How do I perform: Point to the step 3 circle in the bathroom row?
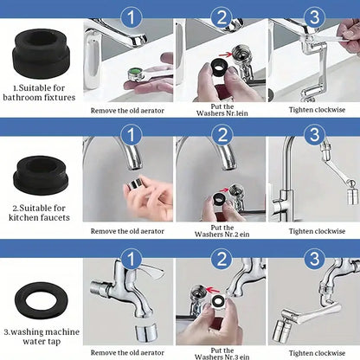coord(313,16)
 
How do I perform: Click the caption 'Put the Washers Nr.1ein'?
coord(222,105)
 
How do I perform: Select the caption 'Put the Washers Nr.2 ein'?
coord(222,228)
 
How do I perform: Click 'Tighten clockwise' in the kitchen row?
coord(313,231)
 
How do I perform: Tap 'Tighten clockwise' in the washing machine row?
coord(313,352)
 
